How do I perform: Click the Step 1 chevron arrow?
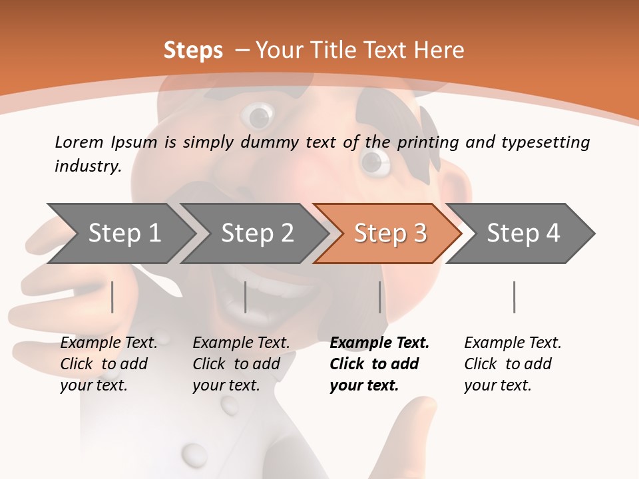123,234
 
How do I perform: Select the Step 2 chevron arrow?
257,234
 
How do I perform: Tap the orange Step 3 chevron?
389,234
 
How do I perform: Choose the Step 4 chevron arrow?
523,234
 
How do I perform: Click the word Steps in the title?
193,51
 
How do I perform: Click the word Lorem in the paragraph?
79,142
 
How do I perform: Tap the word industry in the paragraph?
87,166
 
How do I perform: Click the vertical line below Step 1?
112,297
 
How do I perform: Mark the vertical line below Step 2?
246,297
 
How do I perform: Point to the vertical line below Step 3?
380,297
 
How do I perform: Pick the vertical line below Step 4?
514,297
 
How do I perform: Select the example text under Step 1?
108,364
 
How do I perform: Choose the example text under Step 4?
513,364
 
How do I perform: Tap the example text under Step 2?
241,364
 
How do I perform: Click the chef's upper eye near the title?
258,116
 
